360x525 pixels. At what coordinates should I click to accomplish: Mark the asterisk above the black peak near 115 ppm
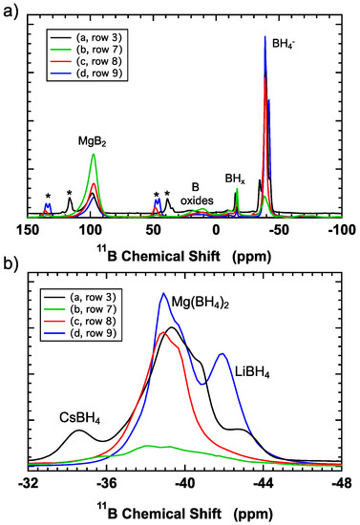[x=70, y=194]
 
